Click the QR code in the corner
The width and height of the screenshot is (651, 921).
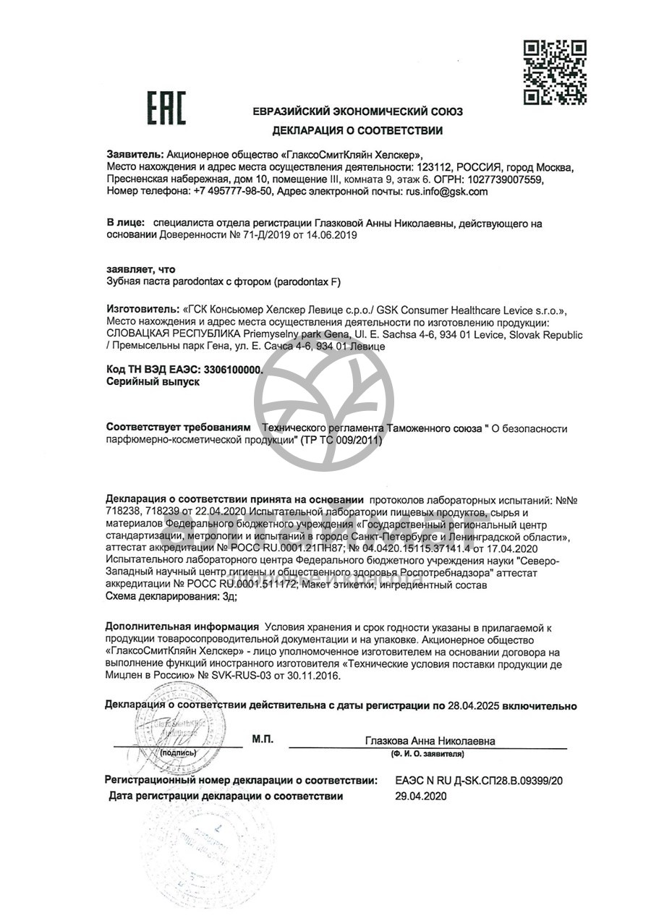554,73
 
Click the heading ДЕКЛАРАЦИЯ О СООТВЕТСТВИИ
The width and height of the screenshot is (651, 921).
357,131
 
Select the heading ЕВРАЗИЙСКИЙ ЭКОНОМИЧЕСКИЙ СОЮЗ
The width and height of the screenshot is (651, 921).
357,112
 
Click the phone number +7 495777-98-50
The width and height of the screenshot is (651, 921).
233,192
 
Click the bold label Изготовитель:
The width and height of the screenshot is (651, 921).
141,310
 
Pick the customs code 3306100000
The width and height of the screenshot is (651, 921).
232,369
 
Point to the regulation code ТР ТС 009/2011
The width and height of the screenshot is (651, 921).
339,441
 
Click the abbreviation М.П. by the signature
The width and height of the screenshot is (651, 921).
263,739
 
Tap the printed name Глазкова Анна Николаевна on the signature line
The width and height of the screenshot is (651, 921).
430,741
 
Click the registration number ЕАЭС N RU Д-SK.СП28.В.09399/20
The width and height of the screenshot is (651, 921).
479,781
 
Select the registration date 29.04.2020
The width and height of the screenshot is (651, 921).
421,797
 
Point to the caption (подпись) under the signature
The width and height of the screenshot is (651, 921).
177,752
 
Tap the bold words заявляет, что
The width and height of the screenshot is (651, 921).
140,269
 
